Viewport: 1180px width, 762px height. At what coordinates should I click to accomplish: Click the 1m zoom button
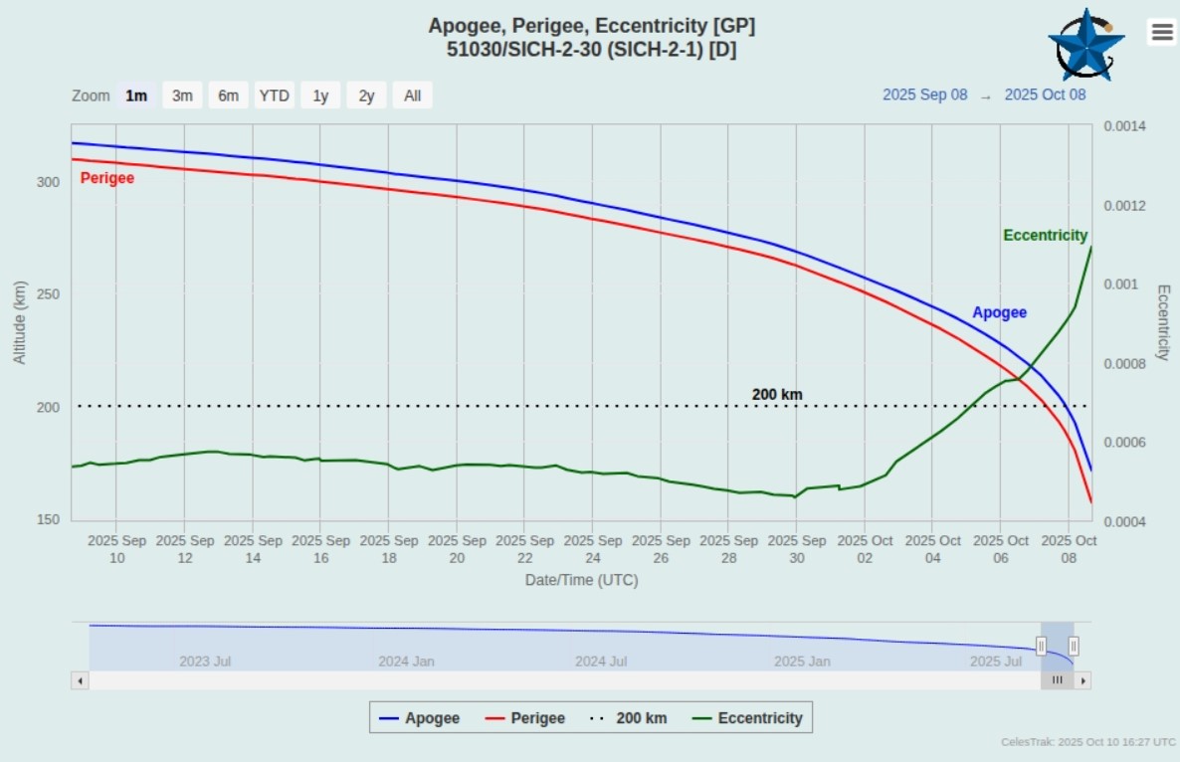pyautogui.click(x=136, y=95)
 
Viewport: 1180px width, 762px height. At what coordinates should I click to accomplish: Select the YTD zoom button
pyautogui.click(x=274, y=95)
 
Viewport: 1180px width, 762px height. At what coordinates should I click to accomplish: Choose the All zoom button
pyautogui.click(x=412, y=95)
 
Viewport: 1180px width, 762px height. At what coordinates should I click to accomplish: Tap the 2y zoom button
pyautogui.click(x=366, y=95)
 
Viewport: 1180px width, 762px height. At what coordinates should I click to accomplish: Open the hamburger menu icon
pyautogui.click(x=1162, y=32)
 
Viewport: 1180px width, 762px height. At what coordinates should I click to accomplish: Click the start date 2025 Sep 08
pyautogui.click(x=924, y=95)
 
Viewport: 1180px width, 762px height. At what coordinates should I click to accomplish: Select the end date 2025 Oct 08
pyautogui.click(x=1045, y=95)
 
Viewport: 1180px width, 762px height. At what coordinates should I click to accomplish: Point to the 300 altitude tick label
pyautogui.click(x=48, y=182)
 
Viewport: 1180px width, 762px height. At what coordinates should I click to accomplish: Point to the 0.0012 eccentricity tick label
pyautogui.click(x=1124, y=206)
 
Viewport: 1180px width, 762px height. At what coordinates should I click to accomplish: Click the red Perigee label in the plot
pyautogui.click(x=106, y=178)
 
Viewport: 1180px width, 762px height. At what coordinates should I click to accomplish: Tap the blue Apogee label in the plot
pyautogui.click(x=999, y=312)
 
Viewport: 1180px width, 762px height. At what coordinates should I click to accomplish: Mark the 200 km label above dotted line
pyautogui.click(x=777, y=394)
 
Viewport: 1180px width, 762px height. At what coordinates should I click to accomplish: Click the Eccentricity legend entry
pyautogui.click(x=748, y=717)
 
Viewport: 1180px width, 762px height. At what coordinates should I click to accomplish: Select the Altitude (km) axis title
pyautogui.click(x=20, y=321)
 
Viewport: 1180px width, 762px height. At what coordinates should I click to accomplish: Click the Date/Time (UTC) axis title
pyautogui.click(x=581, y=580)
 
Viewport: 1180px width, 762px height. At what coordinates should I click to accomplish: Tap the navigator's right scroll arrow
pyautogui.click(x=1082, y=680)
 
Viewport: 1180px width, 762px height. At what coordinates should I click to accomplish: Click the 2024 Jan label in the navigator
pyautogui.click(x=406, y=661)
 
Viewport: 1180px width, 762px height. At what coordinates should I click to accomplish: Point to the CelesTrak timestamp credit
pyautogui.click(x=1088, y=742)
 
